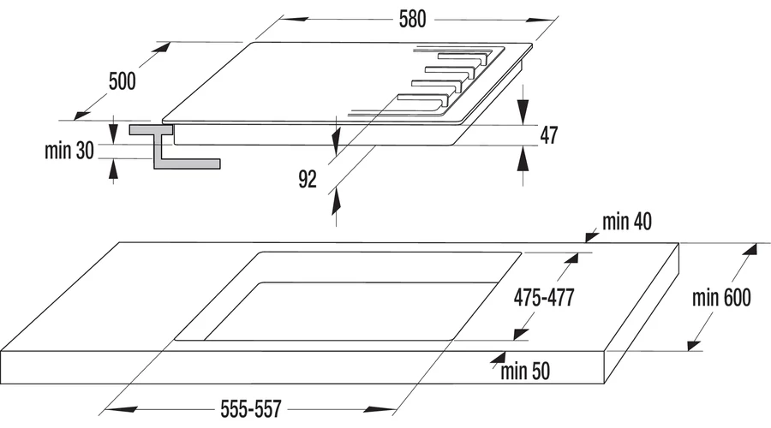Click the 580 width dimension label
412,19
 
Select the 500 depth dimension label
122,81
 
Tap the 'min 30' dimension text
69,151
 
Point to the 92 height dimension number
308,180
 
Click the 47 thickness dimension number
549,135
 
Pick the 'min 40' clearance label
627,222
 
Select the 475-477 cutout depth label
544,297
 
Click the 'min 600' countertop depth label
721,298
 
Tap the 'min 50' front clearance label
525,371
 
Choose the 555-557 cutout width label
251,409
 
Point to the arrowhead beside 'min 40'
591,237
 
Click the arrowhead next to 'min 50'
498,358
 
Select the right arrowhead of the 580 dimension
541,20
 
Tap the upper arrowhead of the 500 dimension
162,48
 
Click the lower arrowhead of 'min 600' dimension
694,344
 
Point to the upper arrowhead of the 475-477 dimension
572,259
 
